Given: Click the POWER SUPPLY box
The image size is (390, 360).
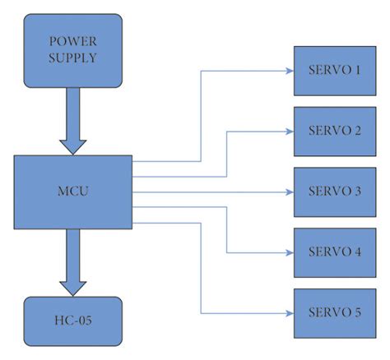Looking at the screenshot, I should click(x=72, y=50).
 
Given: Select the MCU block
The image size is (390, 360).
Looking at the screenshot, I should click(x=72, y=192).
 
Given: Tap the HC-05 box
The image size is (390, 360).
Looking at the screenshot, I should click(x=72, y=320).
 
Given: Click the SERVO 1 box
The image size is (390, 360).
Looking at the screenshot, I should click(x=334, y=70).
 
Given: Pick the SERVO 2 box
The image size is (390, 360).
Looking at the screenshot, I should click(x=334, y=131).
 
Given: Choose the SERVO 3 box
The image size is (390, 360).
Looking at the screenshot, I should click(x=334, y=191).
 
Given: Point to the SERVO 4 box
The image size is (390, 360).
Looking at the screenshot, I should click(x=334, y=252).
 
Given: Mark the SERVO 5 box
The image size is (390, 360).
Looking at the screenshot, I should click(x=334, y=312).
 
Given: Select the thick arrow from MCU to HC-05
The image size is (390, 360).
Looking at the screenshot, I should click(x=72, y=261).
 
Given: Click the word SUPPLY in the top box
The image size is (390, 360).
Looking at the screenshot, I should click(x=72, y=58).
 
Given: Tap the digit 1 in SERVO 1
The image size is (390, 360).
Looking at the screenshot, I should click(x=358, y=70).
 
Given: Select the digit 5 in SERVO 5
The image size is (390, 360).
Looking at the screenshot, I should click(x=358, y=312).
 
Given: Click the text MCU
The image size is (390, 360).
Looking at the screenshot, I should click(x=72, y=192).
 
